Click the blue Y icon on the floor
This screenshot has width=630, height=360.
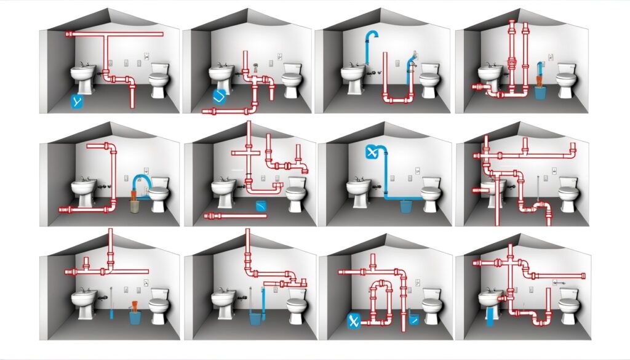(76, 102)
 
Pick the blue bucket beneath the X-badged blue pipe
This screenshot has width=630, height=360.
(406, 206)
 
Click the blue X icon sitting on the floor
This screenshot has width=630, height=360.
(353, 319)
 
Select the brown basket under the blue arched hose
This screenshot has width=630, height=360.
(134, 205)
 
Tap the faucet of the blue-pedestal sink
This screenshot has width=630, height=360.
(490, 289)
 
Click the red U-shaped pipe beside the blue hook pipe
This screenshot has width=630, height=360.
(398, 92)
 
